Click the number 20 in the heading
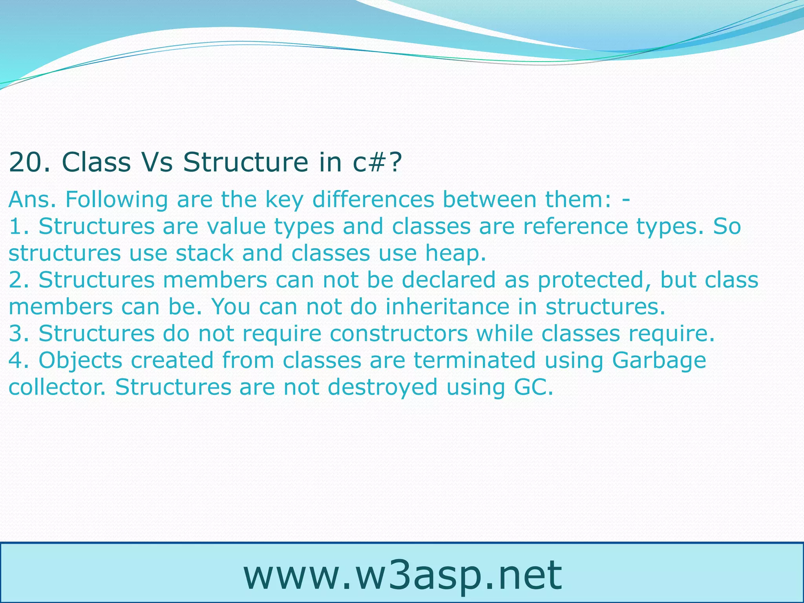pos(26,162)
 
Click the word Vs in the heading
pos(156,162)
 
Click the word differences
pos(373,199)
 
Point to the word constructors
pos(398,334)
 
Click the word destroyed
pos(382,388)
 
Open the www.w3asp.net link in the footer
pos(402,576)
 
